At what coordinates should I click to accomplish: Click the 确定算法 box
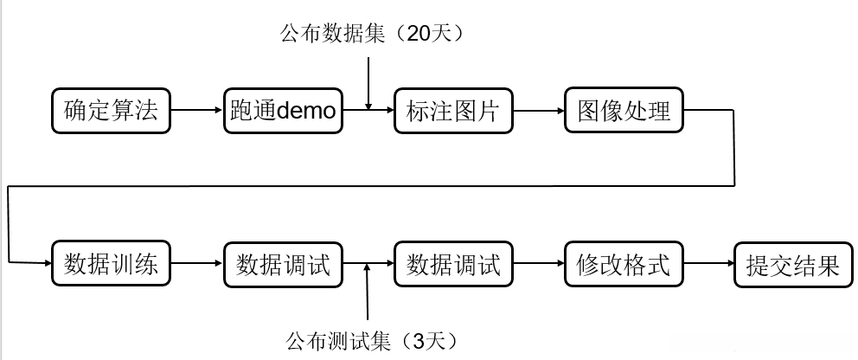(111, 111)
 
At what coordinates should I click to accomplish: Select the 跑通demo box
(283, 111)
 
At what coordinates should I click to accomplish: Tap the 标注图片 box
(453, 111)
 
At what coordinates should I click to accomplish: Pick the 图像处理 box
(624, 111)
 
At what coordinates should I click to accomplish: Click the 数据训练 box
(111, 264)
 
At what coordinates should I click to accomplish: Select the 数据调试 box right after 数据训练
(283, 264)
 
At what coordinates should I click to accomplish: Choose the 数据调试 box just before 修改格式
(453, 264)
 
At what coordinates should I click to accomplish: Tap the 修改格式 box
(624, 264)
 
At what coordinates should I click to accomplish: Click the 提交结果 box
(793, 264)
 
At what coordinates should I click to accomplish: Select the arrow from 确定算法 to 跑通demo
(196, 111)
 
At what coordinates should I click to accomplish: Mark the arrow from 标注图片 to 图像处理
(538, 111)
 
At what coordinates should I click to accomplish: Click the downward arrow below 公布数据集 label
(368, 82)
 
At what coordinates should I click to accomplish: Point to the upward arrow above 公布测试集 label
(368, 294)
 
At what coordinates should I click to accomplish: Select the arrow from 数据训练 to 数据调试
(196, 264)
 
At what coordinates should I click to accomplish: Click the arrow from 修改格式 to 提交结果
(708, 264)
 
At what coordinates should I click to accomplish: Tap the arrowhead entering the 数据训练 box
(45, 261)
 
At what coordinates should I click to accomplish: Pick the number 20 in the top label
(417, 34)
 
